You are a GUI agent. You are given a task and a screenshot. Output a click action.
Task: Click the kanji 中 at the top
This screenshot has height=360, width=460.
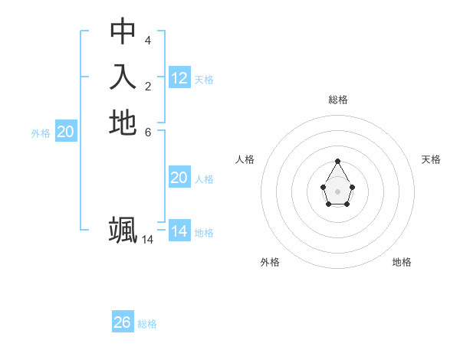coord(123,31)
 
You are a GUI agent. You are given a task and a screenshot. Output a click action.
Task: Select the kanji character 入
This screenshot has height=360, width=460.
coord(123,77)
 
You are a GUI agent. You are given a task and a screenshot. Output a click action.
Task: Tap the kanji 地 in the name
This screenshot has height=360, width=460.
coord(123,123)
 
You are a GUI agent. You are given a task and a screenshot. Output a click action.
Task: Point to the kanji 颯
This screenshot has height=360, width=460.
coord(123,230)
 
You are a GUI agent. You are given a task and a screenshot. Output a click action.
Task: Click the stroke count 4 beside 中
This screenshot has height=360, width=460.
coord(148,40)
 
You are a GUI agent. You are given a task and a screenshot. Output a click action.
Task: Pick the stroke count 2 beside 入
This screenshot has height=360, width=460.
coord(148,86)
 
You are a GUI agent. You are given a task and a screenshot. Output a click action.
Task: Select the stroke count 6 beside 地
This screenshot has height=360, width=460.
coord(148,132)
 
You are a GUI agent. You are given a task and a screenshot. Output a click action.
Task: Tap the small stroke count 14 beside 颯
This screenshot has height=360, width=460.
coord(148,240)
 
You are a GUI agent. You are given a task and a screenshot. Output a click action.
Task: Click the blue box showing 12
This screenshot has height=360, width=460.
coord(179,77)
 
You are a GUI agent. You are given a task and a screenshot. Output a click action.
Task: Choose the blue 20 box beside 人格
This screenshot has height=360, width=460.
coord(179,178)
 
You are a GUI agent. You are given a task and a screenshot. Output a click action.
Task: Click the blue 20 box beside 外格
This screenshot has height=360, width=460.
coord(66,132)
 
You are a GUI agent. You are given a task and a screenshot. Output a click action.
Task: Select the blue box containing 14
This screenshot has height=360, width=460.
coord(179,231)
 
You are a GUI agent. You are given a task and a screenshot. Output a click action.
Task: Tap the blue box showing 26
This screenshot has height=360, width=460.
coord(123,322)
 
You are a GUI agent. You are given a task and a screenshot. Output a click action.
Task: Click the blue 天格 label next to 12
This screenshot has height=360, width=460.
coord(204,80)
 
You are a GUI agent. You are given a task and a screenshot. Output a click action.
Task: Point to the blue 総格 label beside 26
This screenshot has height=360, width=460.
coord(147,324)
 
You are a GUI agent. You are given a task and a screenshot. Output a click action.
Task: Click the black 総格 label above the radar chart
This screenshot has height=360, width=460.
coord(338,100)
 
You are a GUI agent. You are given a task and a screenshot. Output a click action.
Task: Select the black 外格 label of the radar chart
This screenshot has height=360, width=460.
coord(270,262)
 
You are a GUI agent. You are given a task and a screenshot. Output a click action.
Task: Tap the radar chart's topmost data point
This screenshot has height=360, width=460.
coord(338,162)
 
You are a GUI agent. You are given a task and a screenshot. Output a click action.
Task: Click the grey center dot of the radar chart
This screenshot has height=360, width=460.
coord(338,191)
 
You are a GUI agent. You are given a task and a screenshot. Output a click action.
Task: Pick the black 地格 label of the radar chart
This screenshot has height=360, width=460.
coord(402,262)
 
